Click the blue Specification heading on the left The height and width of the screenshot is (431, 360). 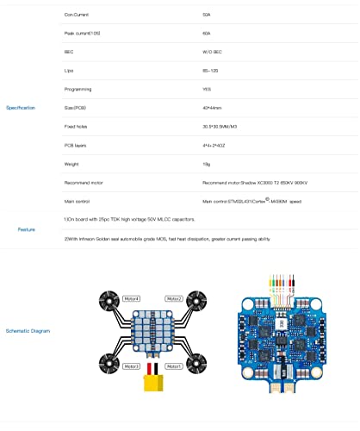[22, 108]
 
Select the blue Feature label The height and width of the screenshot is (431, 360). [26, 229]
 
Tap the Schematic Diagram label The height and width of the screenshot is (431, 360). [28, 330]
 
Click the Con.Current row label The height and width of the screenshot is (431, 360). [76, 16]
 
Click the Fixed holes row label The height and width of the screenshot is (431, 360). [75, 127]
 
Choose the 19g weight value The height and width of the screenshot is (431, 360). [206, 164]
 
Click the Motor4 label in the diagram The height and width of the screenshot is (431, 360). [132, 298]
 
